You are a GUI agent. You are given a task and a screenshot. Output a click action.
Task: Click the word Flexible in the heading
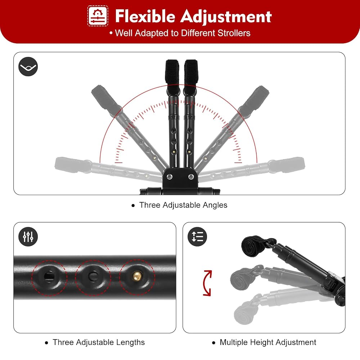click(145, 16)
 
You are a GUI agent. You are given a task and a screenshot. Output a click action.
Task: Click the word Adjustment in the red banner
click(226, 16)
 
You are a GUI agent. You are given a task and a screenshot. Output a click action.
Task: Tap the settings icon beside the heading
click(98, 16)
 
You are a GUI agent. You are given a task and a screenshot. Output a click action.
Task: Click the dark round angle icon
click(28, 67)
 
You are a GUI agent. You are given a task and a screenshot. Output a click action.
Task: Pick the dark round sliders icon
click(28, 237)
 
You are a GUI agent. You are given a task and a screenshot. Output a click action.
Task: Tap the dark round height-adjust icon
click(197, 237)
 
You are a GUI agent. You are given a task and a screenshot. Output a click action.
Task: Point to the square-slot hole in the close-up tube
click(49, 276)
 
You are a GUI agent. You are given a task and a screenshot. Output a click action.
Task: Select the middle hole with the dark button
click(93, 276)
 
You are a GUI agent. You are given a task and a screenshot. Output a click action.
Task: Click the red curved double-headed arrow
click(207, 283)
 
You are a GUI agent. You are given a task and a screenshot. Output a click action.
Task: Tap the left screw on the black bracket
click(170, 176)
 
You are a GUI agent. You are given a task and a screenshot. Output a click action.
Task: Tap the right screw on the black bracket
click(191, 176)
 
